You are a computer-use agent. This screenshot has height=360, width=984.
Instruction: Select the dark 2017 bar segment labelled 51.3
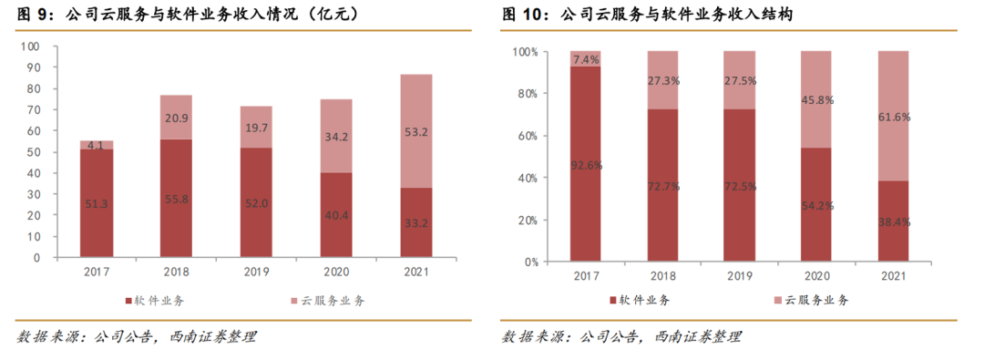pos(96,203)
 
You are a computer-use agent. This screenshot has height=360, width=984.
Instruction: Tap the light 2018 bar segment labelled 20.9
pos(177,118)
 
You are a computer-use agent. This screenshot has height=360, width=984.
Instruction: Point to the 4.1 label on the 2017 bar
pos(96,145)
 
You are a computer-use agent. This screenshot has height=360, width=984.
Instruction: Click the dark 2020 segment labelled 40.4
pos(337,214)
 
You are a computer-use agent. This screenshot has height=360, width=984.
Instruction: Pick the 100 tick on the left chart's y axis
pos(31,46)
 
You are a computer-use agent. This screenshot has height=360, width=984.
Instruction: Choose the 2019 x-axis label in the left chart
pos(257,272)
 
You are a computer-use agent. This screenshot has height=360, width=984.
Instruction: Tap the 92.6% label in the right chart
pos(587,166)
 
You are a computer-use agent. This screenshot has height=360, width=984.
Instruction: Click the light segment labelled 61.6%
pos(893,117)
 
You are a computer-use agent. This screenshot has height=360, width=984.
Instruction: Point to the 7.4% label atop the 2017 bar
pos(587,59)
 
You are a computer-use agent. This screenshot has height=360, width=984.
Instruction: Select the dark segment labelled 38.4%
pos(893,221)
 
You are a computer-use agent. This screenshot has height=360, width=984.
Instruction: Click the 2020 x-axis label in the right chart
pos(815,276)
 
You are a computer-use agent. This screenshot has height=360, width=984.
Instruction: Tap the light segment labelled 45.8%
pos(815,99)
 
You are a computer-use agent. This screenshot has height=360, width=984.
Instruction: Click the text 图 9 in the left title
pos(31,15)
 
